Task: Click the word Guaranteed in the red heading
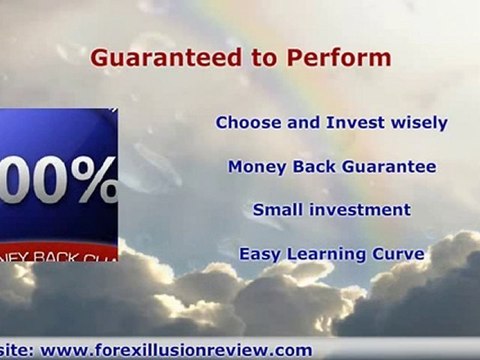[151, 58]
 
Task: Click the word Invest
[351, 124]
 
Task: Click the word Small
[276, 210]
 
